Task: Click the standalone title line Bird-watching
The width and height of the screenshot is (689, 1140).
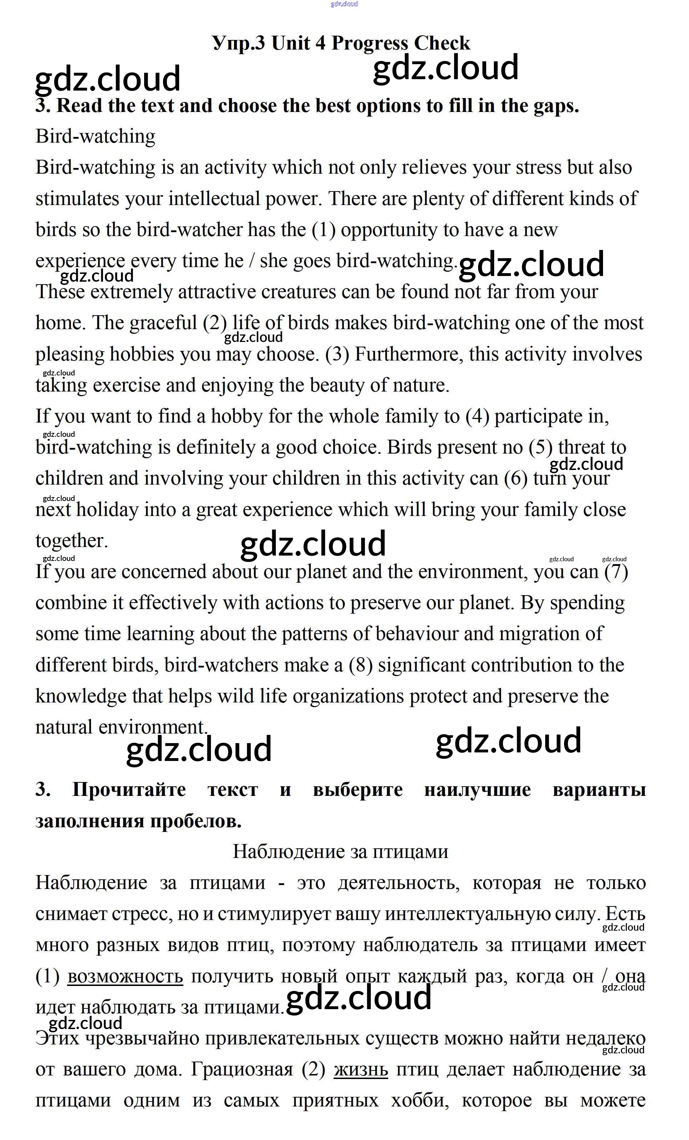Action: [95, 137]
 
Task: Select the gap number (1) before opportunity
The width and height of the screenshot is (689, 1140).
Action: [324, 230]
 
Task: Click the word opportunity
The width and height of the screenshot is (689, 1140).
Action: [390, 230]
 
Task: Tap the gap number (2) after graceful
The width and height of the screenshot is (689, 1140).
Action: [215, 323]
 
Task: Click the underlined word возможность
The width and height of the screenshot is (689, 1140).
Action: [125, 976]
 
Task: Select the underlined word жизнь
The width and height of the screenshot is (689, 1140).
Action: [361, 1069]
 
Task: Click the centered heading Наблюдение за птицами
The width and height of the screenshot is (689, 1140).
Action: [340, 851]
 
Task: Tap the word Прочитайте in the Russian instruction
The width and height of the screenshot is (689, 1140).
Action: [129, 789]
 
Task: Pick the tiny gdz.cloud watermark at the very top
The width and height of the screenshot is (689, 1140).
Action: [344, 4]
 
